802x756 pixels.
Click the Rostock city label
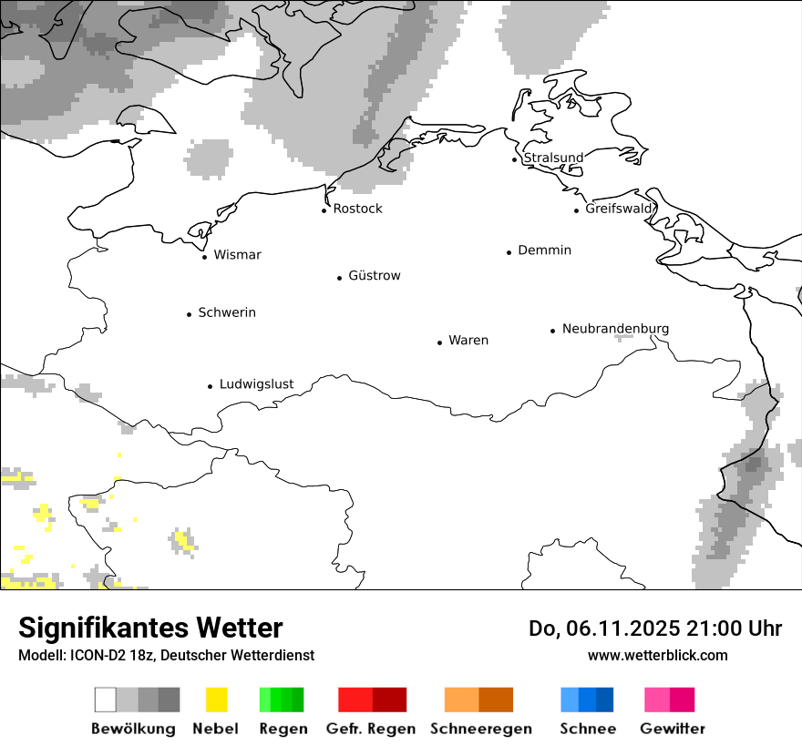tap(357, 209)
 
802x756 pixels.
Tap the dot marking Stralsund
tap(515, 159)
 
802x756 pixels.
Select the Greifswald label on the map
tap(619, 209)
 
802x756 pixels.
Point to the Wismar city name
tap(237, 255)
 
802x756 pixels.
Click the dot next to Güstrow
tap(339, 278)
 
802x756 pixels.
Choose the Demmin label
tap(544, 250)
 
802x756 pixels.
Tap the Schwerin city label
tap(227, 312)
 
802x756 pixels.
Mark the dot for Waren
tap(439, 342)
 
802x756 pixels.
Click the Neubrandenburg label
tap(615, 329)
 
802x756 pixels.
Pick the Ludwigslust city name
tap(256, 384)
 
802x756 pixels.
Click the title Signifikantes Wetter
tap(150, 628)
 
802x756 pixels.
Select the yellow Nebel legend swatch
tap(217, 700)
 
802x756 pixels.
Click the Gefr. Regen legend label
tap(370, 729)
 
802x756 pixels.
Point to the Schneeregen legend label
tap(481, 729)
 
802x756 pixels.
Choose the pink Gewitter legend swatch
tap(669, 700)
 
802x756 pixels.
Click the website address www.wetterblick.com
tap(657, 655)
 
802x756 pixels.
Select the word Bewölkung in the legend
tap(133, 729)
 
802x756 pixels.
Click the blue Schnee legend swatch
tap(587, 700)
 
